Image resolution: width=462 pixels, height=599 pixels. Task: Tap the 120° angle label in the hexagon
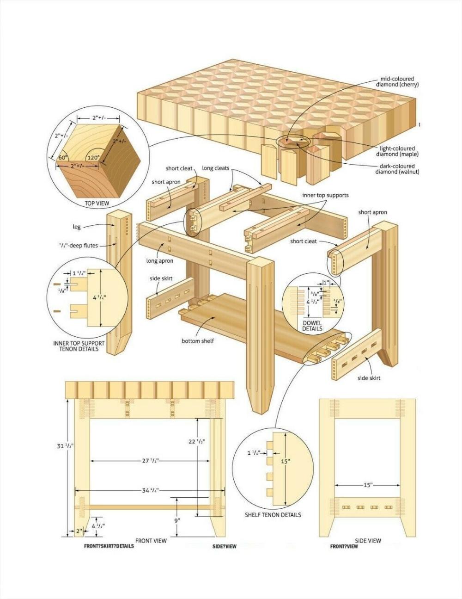93,157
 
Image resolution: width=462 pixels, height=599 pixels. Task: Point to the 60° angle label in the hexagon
63,157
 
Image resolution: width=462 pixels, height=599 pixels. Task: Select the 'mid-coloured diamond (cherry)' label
397,82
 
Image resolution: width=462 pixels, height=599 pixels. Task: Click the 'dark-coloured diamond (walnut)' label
397,169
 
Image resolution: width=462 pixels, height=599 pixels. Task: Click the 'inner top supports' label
325,195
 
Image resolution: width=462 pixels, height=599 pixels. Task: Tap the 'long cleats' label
215,168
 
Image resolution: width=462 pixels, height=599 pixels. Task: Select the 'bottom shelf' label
197,341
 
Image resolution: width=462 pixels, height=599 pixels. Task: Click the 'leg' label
77,227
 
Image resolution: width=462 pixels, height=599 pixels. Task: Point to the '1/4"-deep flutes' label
78,245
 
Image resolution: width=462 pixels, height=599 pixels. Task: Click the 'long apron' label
160,261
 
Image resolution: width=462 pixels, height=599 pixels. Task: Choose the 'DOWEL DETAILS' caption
312,326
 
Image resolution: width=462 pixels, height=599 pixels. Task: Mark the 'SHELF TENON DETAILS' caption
273,515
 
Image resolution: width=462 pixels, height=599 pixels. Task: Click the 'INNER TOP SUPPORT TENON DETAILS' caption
79,346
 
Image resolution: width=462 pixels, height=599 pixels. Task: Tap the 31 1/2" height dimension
65,446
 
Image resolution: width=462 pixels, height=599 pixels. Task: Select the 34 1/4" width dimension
150,490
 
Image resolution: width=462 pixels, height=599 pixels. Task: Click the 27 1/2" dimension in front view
151,461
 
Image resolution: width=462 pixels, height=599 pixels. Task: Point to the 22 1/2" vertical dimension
196,441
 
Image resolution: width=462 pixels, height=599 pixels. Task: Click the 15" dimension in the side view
367,485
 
